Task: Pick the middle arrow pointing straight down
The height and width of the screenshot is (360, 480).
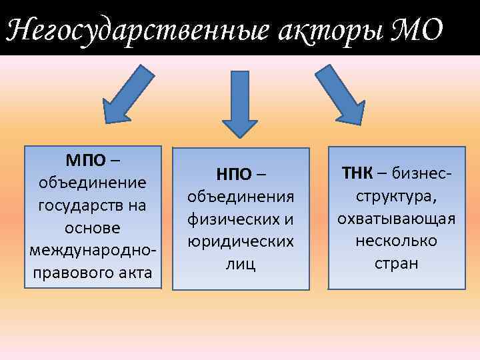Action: (x=239, y=103)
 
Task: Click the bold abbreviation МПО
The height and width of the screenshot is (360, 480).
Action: (x=85, y=160)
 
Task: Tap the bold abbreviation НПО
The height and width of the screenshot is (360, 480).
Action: (x=233, y=175)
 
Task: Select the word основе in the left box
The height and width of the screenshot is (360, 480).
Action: (x=93, y=227)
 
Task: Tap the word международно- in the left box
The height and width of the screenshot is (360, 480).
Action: (x=93, y=250)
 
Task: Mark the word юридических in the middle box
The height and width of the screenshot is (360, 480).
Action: (x=241, y=241)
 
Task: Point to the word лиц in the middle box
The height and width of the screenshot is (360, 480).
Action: (x=241, y=264)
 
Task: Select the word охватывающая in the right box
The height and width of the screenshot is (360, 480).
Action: (x=396, y=219)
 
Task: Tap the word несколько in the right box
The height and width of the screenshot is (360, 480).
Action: (x=396, y=241)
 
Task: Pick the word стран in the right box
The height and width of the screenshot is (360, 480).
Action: (x=396, y=263)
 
